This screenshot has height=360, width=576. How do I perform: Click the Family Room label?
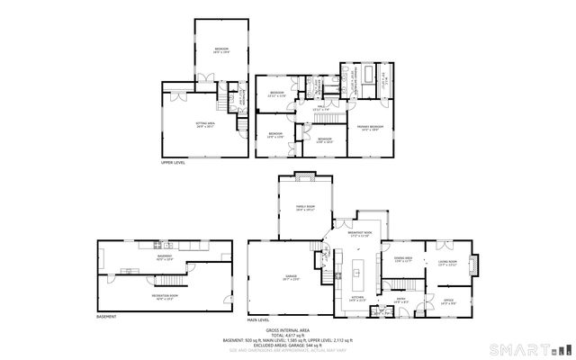(305, 208)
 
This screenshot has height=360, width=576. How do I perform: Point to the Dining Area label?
(402, 260)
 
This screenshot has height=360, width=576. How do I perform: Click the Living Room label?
(447, 263)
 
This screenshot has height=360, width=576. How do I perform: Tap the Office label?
(447, 301)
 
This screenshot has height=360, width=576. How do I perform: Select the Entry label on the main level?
(401, 301)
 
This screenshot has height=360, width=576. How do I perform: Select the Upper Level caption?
(173, 164)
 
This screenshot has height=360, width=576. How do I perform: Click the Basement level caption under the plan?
(106, 317)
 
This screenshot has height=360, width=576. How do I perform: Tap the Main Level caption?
(260, 319)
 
